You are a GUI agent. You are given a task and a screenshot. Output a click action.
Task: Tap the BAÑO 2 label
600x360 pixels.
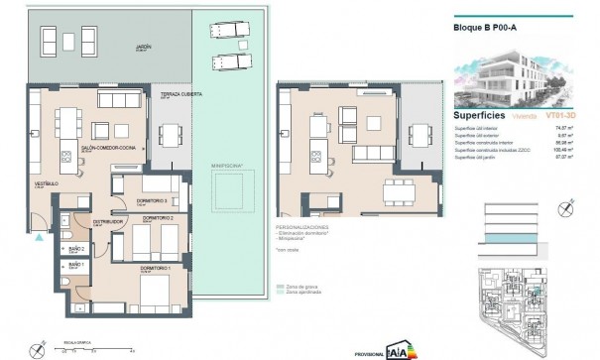coord(75,249)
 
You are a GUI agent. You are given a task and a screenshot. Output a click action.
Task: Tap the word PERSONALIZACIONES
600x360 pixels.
coord(303,227)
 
